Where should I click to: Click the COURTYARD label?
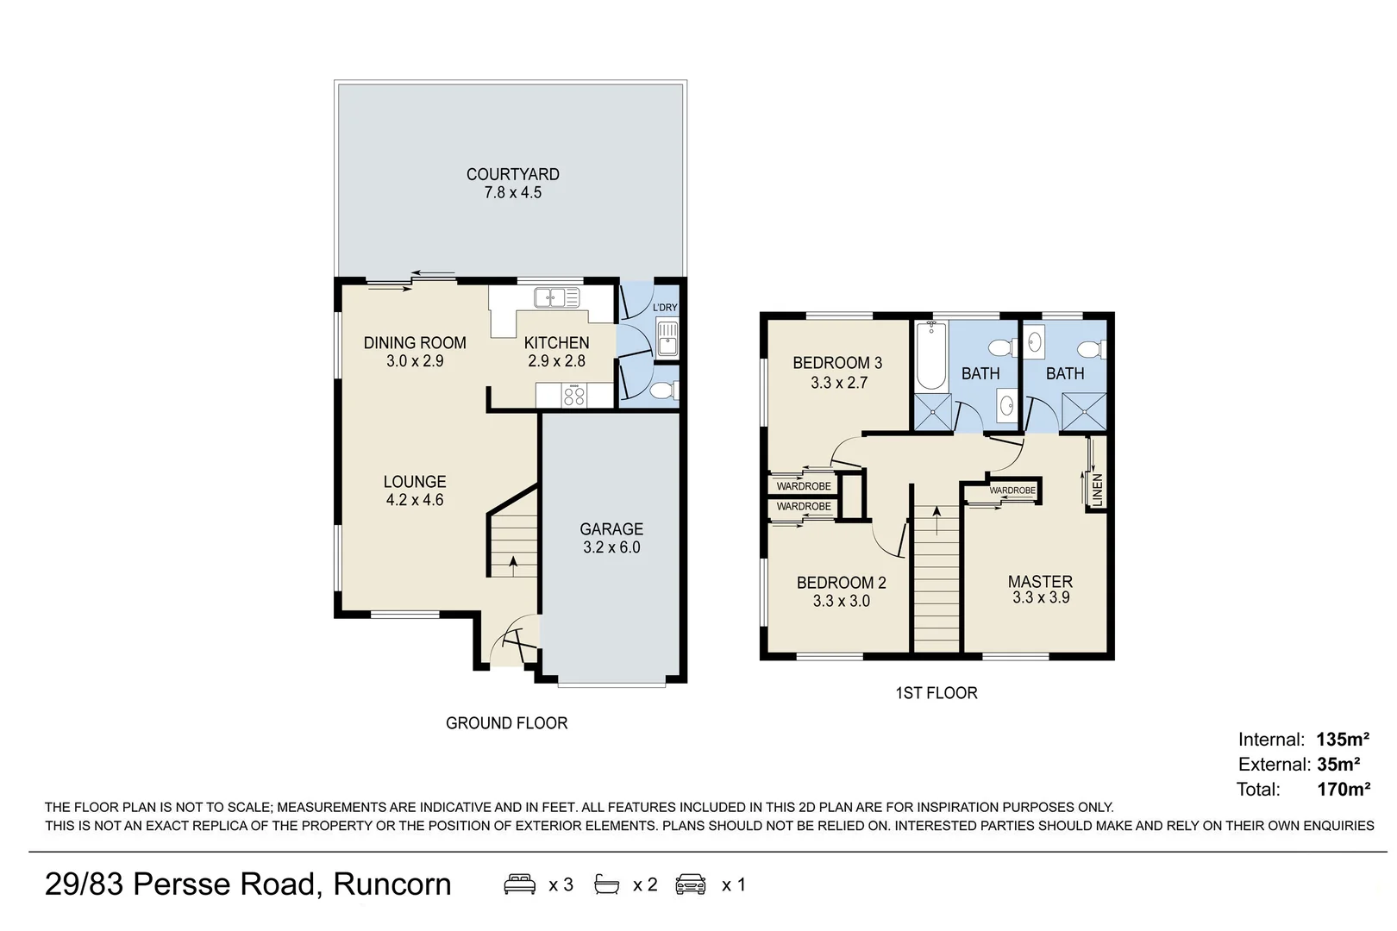(512, 174)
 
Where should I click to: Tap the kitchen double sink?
(555, 298)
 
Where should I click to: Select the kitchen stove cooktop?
(574, 397)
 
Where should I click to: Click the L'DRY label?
(665, 308)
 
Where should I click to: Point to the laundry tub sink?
(667, 338)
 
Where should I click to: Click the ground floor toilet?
(662, 392)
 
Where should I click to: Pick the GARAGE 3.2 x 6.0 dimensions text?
(611, 547)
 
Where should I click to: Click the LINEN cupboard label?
(1097, 489)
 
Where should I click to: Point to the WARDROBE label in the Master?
(1012, 490)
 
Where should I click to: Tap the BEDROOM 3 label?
(837, 363)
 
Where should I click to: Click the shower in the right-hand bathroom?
(1083, 411)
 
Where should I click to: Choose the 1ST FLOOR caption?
(937, 693)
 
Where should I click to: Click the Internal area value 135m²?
(1343, 740)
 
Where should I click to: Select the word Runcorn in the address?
(392, 884)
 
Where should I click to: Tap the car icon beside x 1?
(691, 884)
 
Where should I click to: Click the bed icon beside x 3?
(519, 884)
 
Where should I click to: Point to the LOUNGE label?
(415, 482)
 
